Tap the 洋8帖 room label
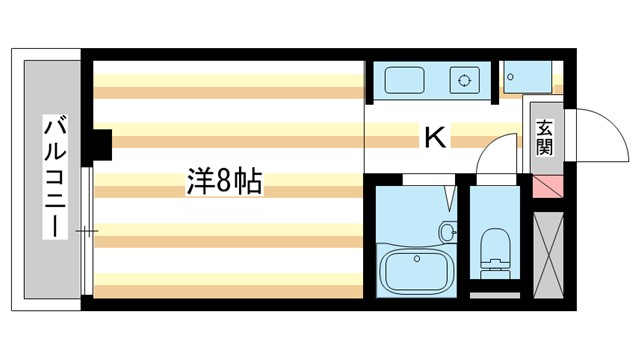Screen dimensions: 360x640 [x=224, y=181]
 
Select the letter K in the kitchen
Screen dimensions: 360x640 [x=434, y=137]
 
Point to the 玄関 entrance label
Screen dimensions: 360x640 [x=544, y=137]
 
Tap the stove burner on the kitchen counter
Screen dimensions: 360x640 [x=464, y=79]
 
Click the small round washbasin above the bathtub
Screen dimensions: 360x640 [x=447, y=232]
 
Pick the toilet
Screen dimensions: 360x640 [x=494, y=250]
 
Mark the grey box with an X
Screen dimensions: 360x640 [x=549, y=246]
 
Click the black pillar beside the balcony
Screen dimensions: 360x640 [x=100, y=146]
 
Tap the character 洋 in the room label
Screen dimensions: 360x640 [x=200, y=181]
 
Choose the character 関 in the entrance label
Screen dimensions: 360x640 [x=544, y=147]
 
